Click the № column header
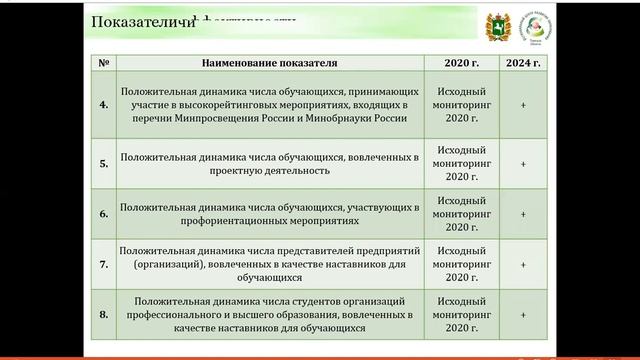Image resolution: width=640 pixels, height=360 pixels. pos(104,63)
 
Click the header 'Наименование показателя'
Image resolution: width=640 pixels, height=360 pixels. pos(269,63)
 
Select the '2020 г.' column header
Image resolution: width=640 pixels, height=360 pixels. pos(455,63)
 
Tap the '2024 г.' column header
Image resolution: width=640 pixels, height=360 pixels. pos(523,63)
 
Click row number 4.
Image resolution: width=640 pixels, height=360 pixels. pos(104,104)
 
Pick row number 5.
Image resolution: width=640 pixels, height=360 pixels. pos(104,163)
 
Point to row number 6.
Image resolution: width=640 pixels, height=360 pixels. pos(104,213)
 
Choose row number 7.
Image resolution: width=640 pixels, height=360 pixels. pos(104,265)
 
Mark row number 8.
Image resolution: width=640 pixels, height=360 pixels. pos(104,315)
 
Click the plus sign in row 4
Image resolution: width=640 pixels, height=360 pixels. pos(523,104)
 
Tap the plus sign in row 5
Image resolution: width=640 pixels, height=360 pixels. pos(523,163)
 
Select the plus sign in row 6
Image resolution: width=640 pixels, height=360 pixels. pos(523,213)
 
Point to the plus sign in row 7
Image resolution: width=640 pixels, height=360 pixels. pos(523,265)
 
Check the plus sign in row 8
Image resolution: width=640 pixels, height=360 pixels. pos(523,315)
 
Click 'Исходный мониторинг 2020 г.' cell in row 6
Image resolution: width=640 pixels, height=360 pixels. pos(456,213)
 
